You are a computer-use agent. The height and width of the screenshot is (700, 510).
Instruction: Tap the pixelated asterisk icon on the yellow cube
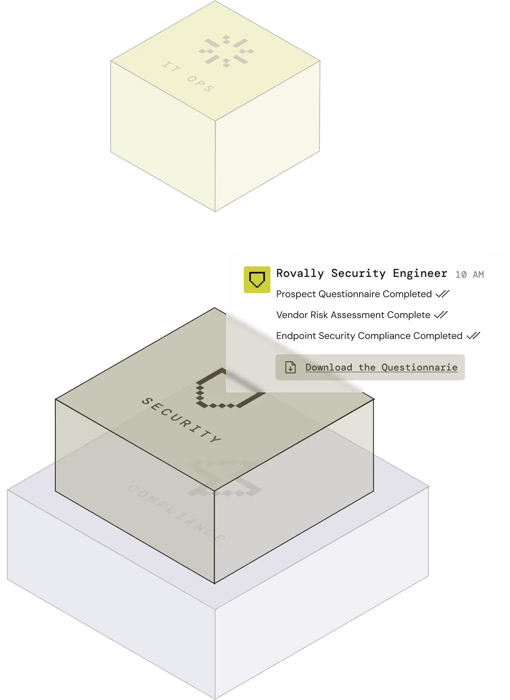click(x=226, y=51)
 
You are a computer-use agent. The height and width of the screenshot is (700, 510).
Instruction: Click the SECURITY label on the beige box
click(x=181, y=420)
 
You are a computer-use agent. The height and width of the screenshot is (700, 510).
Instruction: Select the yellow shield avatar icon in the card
click(x=257, y=280)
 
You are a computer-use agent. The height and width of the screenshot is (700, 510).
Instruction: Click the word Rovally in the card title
click(x=300, y=273)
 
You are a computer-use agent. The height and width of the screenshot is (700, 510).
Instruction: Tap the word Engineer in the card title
click(x=420, y=273)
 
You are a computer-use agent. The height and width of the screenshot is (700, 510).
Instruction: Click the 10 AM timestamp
click(x=469, y=274)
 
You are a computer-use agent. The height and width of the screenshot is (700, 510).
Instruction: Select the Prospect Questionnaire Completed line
click(x=354, y=294)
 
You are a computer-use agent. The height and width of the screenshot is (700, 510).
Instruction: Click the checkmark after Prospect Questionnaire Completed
click(x=442, y=294)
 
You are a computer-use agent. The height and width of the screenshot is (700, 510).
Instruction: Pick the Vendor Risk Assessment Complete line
click(x=353, y=315)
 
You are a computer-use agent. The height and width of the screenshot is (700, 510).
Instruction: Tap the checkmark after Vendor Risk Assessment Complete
click(x=441, y=314)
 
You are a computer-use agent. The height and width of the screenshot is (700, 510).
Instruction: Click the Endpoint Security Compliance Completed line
click(x=369, y=336)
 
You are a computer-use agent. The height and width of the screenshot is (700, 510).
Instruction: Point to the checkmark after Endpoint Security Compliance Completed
click(x=473, y=336)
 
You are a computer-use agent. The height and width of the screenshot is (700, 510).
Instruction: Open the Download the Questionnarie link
click(x=381, y=367)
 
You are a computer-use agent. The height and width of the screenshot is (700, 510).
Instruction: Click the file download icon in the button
click(x=290, y=367)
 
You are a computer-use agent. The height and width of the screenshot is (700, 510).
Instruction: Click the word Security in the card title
click(x=358, y=273)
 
